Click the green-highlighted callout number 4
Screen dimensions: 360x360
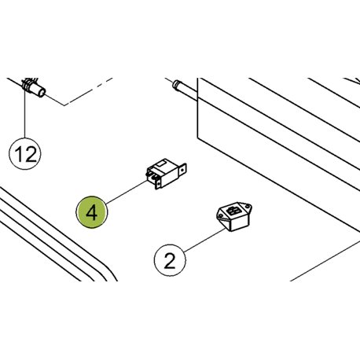pyautogui.click(x=92, y=212)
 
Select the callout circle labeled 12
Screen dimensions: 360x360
pyautogui.click(x=25, y=154)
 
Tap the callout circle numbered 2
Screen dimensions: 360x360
pyautogui.click(x=170, y=260)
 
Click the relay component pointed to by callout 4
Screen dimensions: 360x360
pyautogui.click(x=166, y=173)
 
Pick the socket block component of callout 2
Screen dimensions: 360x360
pyautogui.click(x=234, y=216)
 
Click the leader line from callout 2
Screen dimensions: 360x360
pyautogui.click(x=205, y=241)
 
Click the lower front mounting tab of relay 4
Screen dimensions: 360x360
pyautogui.click(x=158, y=184)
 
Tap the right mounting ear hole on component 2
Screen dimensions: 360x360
pyautogui.click(x=248, y=206)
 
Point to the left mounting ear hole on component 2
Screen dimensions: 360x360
pyautogui.click(x=221, y=215)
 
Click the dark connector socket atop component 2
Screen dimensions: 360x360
pyautogui.click(x=233, y=211)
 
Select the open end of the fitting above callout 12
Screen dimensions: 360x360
pyautogui.click(x=42, y=92)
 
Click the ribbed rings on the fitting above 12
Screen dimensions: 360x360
pyautogui.click(x=27, y=85)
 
